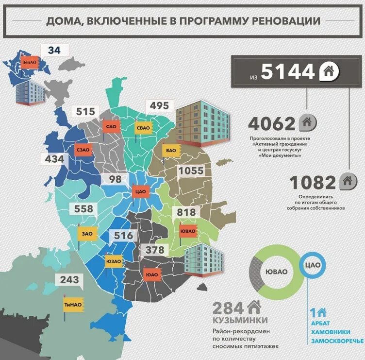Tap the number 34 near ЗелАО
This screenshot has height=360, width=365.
tap(55, 50)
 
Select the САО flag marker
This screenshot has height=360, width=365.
tap(110, 127)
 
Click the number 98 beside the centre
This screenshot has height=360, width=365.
tap(116, 179)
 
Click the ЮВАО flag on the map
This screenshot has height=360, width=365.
tap(188, 230)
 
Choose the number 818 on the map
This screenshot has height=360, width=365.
tap(186, 212)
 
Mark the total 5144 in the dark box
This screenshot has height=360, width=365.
tap(288, 72)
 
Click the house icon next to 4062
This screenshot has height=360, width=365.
tap(307, 123)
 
